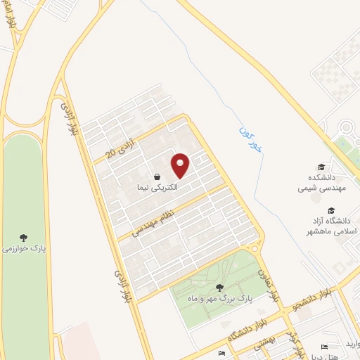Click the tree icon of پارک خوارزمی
pyautogui.click(x=22, y=238)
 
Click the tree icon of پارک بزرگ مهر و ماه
pyautogui.click(x=220, y=287)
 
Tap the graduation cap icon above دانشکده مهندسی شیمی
pyautogui.click(x=321, y=167)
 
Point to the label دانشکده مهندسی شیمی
pyautogui.click(x=321, y=184)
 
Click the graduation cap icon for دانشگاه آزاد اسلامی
pyautogui.click(x=330, y=210)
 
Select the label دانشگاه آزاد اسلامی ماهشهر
pyautogui.click(x=330, y=226)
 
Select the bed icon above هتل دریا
pyautogui.click(x=324, y=347)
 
